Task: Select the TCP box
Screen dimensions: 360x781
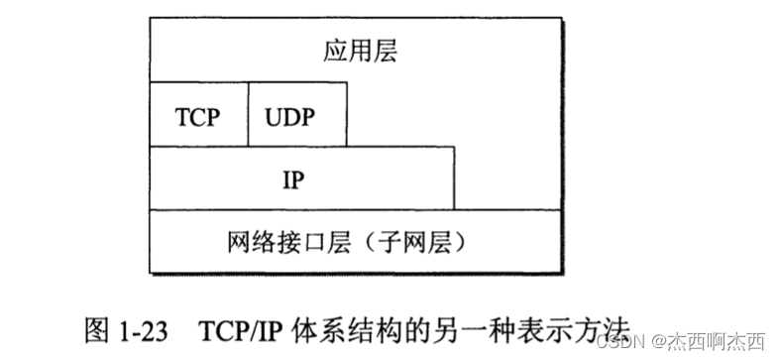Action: coord(198,115)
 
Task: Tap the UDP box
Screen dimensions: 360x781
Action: coord(297,115)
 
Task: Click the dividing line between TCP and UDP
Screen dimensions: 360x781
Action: coord(248,115)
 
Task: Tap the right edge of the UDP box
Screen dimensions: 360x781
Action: coord(348,115)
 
